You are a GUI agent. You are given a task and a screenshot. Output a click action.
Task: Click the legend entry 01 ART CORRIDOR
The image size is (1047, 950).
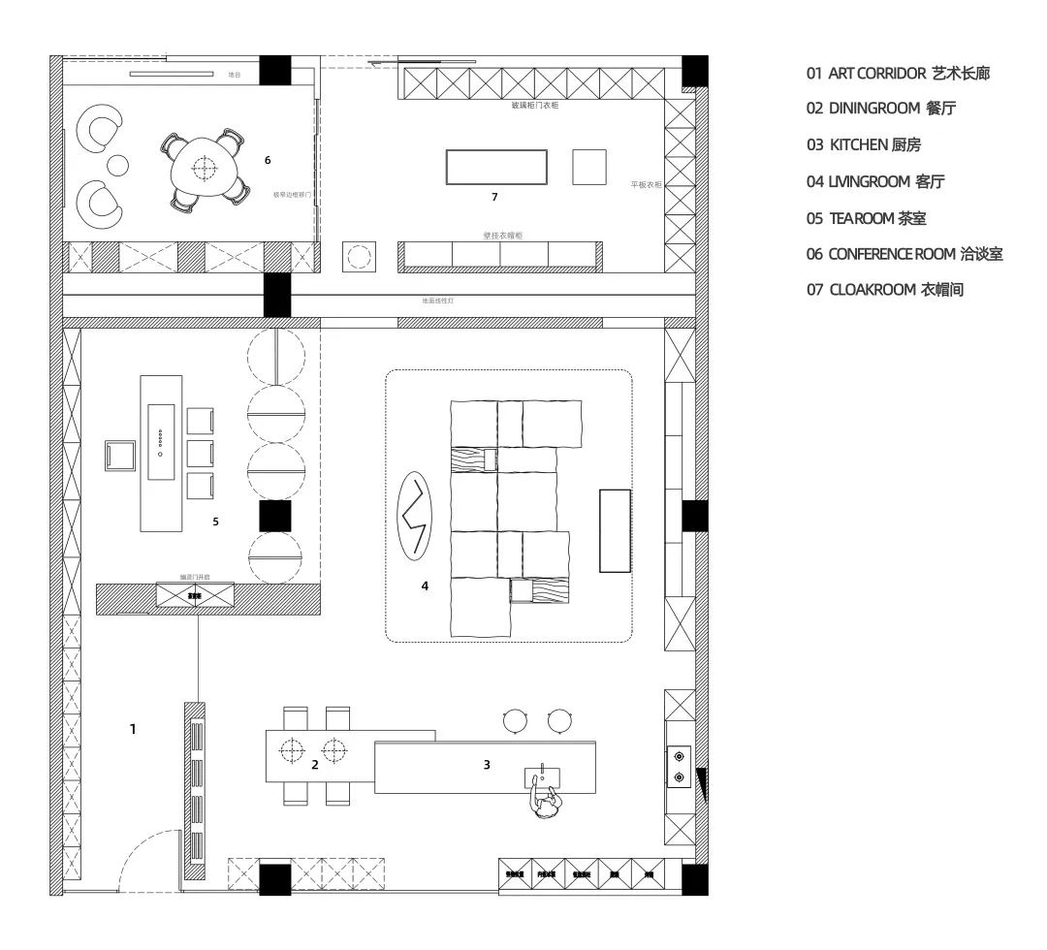pos(898,74)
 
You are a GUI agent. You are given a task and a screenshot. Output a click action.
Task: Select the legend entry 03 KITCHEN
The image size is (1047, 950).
pos(863,145)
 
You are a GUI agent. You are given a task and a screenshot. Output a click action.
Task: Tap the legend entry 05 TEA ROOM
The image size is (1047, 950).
pos(867,218)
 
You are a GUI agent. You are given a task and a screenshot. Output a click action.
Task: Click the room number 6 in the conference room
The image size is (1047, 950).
pos(268,160)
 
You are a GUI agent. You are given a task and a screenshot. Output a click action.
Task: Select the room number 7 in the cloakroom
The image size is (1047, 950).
pos(494,197)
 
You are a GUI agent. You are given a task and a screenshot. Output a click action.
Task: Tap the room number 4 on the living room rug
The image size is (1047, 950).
pos(425,586)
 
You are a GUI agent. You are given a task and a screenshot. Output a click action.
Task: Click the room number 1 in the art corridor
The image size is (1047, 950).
pos(133,728)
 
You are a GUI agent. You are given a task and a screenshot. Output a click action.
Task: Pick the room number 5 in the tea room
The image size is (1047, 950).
pos(215,522)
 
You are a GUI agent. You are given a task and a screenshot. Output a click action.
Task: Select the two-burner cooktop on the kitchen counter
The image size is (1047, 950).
pos(679,765)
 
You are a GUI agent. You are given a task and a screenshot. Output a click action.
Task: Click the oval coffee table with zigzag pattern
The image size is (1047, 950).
pos(418,516)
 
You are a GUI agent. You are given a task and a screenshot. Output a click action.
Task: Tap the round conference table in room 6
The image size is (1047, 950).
pos(204,169)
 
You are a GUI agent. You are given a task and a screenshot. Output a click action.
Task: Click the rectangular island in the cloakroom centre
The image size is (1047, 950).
pos(496,167)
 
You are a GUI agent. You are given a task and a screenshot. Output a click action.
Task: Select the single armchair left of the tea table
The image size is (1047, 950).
pos(121,455)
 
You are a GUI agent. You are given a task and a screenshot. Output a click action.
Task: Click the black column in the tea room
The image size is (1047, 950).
pos(274,516)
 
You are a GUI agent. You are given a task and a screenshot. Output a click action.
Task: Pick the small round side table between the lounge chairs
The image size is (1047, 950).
pos(118,166)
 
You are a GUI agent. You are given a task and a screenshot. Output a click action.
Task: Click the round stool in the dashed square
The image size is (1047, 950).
pos(359,257)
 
